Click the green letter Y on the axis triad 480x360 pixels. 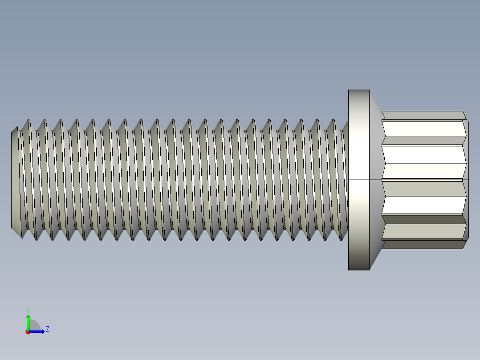tap(28, 309)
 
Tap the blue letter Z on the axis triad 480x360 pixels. tap(47, 329)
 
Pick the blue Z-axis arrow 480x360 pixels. tap(38, 331)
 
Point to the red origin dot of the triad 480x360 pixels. tap(28, 332)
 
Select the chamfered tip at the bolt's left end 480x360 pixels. tap(14, 178)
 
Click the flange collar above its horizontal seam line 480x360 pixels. tap(358, 134)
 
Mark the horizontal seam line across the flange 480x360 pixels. tap(358, 180)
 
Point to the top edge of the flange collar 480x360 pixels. tap(358, 90)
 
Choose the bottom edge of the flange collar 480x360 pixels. tap(358, 270)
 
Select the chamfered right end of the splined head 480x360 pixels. tap(466, 178)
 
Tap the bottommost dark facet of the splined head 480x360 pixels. tap(423, 244)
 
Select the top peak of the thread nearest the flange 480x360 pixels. tap(333, 120)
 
